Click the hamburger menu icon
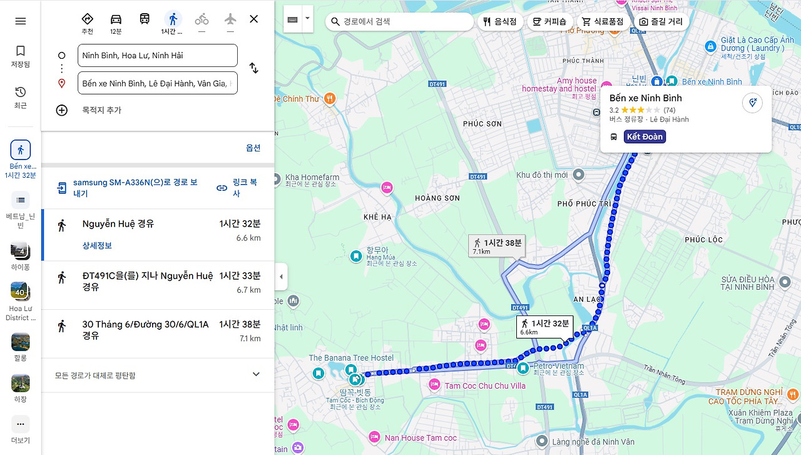(x=21, y=21)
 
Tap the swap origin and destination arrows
(x=253, y=68)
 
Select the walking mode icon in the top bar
(x=173, y=19)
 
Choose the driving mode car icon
(x=116, y=19)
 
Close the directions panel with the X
(x=253, y=19)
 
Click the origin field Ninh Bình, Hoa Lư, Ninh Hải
(x=157, y=55)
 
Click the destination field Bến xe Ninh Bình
(x=157, y=83)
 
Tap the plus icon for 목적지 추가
(x=62, y=110)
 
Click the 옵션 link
(x=253, y=148)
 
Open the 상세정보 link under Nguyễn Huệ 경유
(x=97, y=245)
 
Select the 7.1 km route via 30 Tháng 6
(x=156, y=330)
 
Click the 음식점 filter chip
(x=500, y=21)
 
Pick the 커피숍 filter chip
(x=549, y=21)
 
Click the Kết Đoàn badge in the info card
(x=644, y=136)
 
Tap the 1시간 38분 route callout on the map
(x=497, y=245)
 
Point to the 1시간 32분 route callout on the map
(x=544, y=325)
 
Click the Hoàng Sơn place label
(x=437, y=198)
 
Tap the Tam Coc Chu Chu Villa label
(x=484, y=386)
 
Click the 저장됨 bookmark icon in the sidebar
(x=21, y=51)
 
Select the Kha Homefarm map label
(x=312, y=177)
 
